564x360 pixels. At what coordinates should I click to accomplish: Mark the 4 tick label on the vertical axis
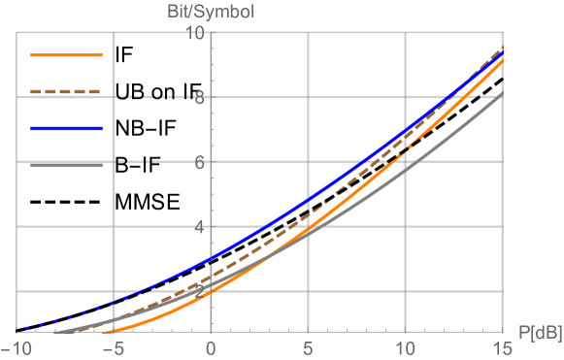point(199,227)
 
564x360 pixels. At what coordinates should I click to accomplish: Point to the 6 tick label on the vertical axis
point(199,162)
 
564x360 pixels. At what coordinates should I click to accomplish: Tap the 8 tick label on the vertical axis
point(199,97)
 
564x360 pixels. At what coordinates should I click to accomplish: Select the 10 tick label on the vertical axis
point(195,33)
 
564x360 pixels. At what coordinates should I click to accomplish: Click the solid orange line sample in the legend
point(66,55)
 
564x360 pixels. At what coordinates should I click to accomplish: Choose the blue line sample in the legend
point(66,128)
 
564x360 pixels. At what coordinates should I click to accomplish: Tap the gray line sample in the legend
point(66,166)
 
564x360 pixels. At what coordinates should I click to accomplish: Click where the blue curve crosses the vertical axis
point(211,259)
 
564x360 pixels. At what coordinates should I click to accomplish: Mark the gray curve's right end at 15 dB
point(502,93)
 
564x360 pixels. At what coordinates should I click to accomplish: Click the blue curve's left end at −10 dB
point(17,330)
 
